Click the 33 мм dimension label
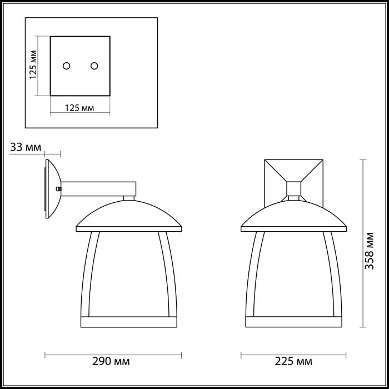point(26,147)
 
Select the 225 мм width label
point(293,362)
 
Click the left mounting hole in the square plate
point(67,66)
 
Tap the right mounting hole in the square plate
point(94,66)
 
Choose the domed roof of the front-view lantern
point(293,214)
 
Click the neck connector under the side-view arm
point(129,197)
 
